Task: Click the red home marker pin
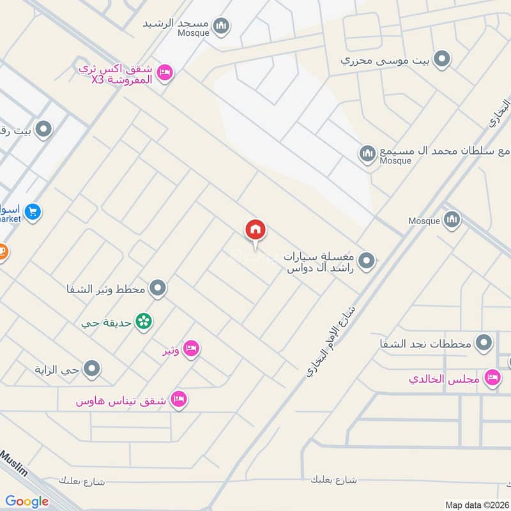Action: pos(256,230)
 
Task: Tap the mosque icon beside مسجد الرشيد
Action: pos(222,26)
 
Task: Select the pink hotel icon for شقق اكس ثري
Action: pos(164,73)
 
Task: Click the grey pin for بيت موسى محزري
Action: pos(441,60)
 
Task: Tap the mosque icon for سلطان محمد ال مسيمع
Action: pos(367,153)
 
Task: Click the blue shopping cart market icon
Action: pos(34,211)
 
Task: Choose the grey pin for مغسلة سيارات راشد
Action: pos(367,261)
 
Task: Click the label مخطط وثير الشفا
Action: pos(107,289)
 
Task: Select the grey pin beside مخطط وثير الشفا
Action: pos(158,289)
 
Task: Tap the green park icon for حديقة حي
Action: pos(144,321)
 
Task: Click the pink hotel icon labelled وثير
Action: pos(190,349)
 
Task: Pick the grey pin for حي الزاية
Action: pos(93,369)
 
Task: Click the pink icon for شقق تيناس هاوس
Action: pos(179,400)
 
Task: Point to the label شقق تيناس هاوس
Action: pos(121,401)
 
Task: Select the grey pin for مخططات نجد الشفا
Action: pos(486,342)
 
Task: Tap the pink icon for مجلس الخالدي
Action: pos(492,378)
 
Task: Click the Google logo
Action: pos(27,501)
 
